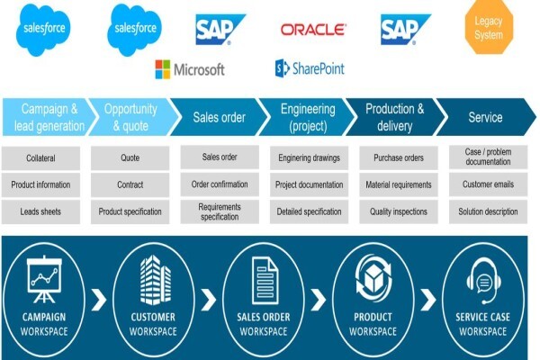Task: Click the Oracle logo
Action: (x=313, y=30)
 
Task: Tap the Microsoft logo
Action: (x=190, y=69)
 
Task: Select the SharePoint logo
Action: (x=310, y=67)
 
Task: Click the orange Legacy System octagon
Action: (x=489, y=27)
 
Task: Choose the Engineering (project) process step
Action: (x=307, y=117)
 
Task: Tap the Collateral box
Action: (x=40, y=158)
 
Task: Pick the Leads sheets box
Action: (x=40, y=211)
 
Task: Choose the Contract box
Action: (x=130, y=184)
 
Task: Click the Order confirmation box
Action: (x=220, y=184)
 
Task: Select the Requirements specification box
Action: (x=220, y=211)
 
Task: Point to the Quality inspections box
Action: (x=399, y=211)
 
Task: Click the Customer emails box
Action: (x=488, y=184)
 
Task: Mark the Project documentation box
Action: (x=309, y=184)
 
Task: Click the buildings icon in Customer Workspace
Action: (x=156, y=280)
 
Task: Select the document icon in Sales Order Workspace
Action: (x=265, y=281)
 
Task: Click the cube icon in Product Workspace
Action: (x=373, y=278)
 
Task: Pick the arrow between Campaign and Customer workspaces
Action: (x=99, y=300)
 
